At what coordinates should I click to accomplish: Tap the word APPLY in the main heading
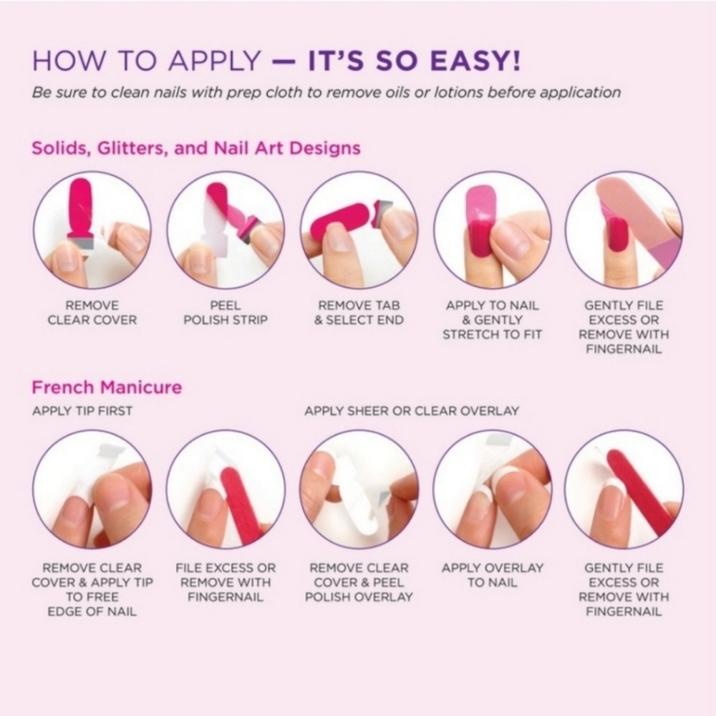(215, 61)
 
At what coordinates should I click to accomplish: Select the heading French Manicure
(107, 387)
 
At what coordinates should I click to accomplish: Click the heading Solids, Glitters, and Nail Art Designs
(196, 148)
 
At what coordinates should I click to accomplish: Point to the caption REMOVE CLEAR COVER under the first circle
(92, 313)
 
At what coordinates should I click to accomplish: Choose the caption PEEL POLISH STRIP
(226, 313)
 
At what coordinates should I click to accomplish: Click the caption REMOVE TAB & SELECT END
(359, 313)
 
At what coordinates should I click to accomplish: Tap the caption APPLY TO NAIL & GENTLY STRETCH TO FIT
(493, 319)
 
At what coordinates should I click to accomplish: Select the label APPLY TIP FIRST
(82, 411)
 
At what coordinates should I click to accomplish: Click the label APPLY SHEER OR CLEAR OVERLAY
(412, 411)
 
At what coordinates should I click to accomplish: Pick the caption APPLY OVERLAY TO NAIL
(493, 575)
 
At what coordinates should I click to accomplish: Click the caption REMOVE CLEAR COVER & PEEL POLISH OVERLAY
(359, 582)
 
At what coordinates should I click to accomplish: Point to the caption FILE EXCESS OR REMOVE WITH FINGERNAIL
(226, 582)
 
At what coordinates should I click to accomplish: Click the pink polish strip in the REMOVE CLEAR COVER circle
(81, 206)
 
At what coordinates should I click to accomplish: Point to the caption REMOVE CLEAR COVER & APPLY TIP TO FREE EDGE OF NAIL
(92, 589)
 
